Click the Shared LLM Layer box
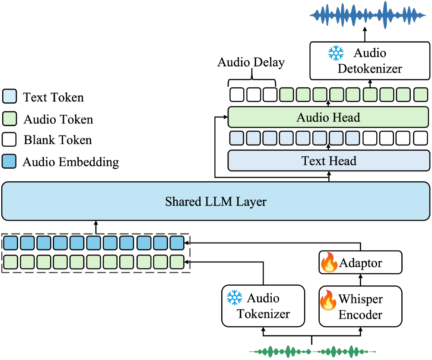[x=216, y=202]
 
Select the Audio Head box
[x=328, y=117]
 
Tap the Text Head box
[x=329, y=161]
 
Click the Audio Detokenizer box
[x=370, y=61]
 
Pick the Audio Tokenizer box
[x=263, y=306]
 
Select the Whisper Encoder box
[x=360, y=306]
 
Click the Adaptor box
[x=360, y=262]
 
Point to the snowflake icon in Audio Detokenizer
[x=336, y=53]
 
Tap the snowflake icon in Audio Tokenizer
[x=235, y=298]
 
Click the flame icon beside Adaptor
[x=328, y=263]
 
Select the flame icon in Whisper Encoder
[x=328, y=300]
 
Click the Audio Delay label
[x=251, y=63]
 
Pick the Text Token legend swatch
[x=10, y=97]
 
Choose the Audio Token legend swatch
[x=10, y=118]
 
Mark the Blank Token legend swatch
[x=10, y=140]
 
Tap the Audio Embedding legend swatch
[x=10, y=161]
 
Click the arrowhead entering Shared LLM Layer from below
[x=96, y=223]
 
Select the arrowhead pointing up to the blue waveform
[x=364, y=29]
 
